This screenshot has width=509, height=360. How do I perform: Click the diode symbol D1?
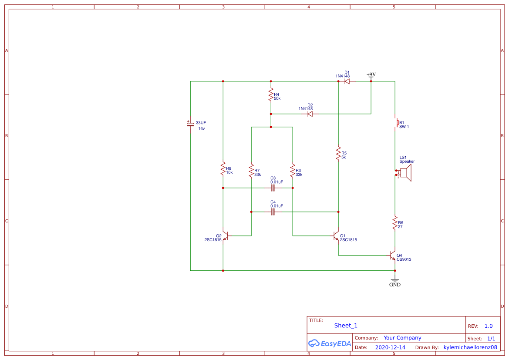point(347,81)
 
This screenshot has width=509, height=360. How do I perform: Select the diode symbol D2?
point(310,114)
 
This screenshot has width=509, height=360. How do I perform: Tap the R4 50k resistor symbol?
point(271,95)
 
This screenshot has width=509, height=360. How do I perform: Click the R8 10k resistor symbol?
point(223,168)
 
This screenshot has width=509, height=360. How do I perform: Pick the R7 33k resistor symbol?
point(251,171)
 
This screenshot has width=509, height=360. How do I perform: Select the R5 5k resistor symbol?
point(338,154)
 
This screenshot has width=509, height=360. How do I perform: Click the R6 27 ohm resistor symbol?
point(395,223)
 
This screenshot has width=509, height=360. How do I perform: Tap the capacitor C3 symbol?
point(273,188)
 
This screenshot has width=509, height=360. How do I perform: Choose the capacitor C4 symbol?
point(273,212)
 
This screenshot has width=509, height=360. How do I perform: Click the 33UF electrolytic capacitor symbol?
point(190,124)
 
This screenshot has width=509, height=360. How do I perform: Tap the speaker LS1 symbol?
point(405,173)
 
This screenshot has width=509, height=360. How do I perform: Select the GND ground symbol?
point(395,281)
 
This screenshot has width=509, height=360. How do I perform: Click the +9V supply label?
point(371,75)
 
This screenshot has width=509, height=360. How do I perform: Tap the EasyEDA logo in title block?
point(330,343)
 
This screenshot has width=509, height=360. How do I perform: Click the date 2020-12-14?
point(390,347)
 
